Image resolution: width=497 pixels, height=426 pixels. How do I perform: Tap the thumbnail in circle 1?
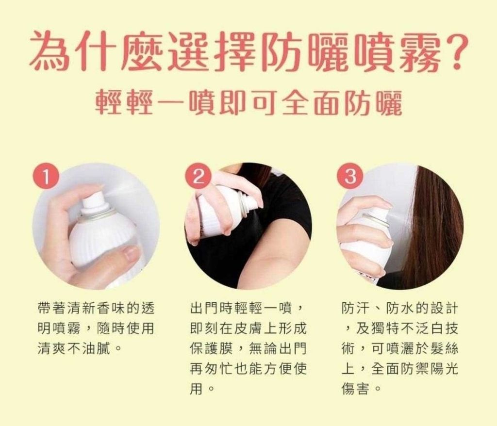pos(131,254)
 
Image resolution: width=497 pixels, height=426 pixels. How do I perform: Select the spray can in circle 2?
pos(222,211)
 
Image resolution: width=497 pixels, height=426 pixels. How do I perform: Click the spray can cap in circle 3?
pos(379,216)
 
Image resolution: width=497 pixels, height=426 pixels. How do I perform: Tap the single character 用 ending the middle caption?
pos(196,388)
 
